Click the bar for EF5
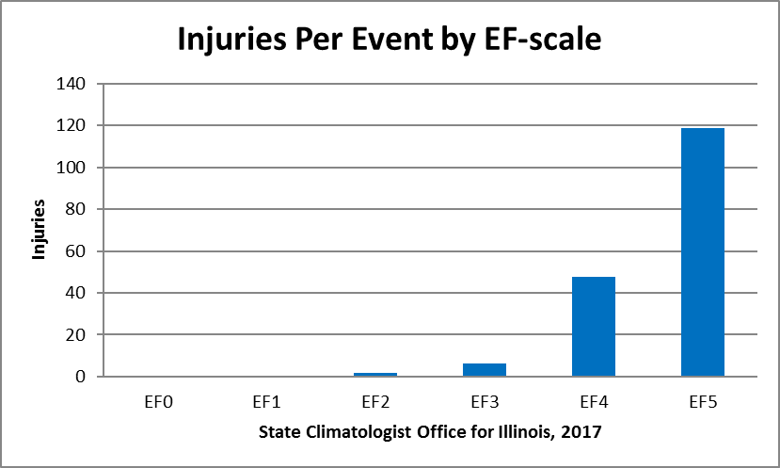(x=702, y=252)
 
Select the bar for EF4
(x=593, y=327)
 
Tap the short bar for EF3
(x=484, y=370)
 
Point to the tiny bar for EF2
(x=374, y=375)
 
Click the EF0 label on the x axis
(x=157, y=402)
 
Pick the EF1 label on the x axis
(x=266, y=402)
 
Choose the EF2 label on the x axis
(x=375, y=402)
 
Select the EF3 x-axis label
(x=485, y=402)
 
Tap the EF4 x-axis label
(x=593, y=402)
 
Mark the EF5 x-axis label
(x=702, y=402)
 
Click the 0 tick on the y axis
(x=81, y=377)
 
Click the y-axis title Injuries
(x=40, y=231)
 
